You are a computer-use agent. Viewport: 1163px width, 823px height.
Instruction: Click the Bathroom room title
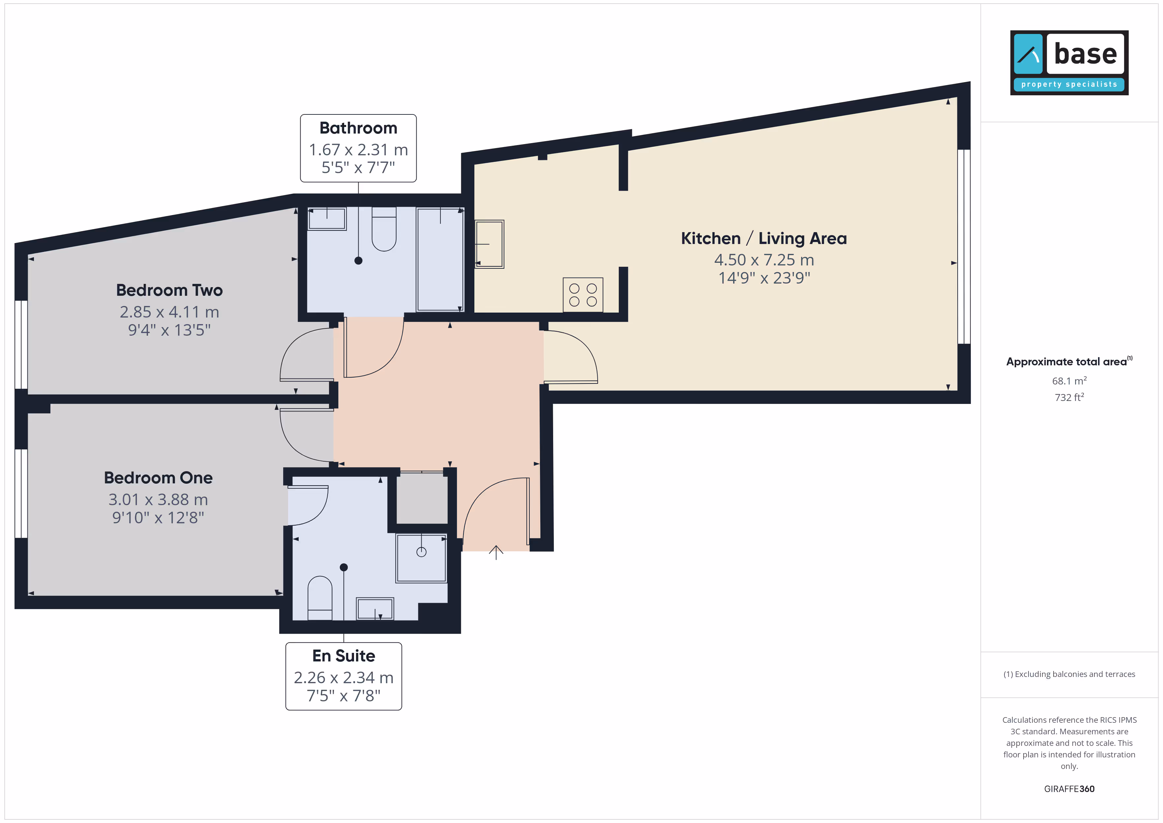358,128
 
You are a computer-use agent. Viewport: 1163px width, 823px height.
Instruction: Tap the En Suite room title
343,656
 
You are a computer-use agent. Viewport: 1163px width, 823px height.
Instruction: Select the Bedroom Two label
169,290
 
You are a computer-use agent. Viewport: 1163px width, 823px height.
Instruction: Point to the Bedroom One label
158,478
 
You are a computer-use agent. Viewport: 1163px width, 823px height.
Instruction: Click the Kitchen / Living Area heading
763,238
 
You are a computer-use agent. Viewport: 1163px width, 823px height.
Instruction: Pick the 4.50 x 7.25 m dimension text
764,260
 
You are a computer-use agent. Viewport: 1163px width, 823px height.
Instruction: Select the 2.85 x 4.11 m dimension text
169,312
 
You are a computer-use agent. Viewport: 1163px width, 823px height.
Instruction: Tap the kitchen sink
489,244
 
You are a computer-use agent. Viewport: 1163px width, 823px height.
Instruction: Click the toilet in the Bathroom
384,229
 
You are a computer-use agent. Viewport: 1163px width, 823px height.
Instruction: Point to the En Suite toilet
320,598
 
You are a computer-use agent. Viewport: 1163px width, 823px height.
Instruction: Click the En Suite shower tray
421,558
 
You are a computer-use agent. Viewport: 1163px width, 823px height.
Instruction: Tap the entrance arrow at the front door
496,552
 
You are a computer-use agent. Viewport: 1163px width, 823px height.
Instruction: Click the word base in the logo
1085,54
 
